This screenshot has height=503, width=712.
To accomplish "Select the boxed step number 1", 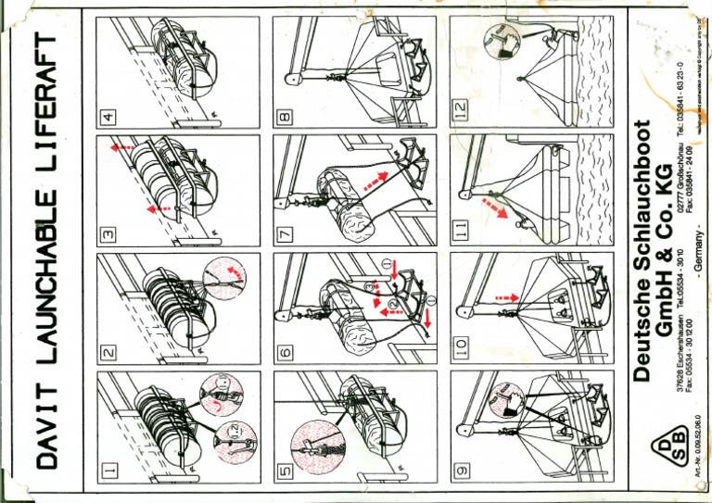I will (x=108, y=472).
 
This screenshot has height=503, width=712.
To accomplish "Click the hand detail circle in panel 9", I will (x=504, y=399).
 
